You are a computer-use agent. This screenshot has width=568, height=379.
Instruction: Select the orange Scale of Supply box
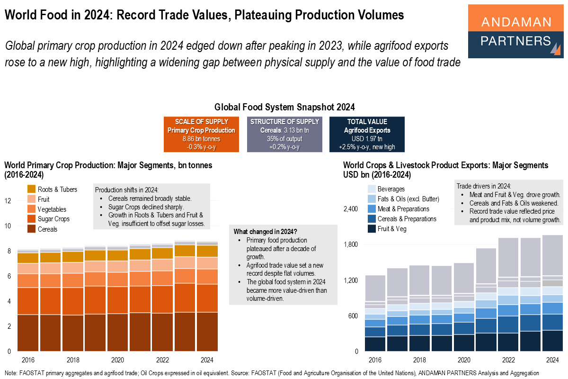[x=201, y=135]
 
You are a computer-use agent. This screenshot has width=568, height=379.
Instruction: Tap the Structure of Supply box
[x=284, y=135]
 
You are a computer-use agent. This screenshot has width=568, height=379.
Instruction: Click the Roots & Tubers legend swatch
[x=32, y=189]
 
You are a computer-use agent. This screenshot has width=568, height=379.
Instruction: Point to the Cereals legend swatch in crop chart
[x=32, y=229]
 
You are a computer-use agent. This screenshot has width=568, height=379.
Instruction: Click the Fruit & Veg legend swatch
[x=372, y=229]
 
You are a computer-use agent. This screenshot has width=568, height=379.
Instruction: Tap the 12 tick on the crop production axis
[x=8, y=201]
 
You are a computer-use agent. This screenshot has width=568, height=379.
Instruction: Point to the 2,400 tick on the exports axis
[x=352, y=209]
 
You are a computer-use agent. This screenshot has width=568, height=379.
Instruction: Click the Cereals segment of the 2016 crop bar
[x=28, y=333]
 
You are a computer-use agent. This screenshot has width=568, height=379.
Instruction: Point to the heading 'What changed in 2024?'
[x=266, y=231]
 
